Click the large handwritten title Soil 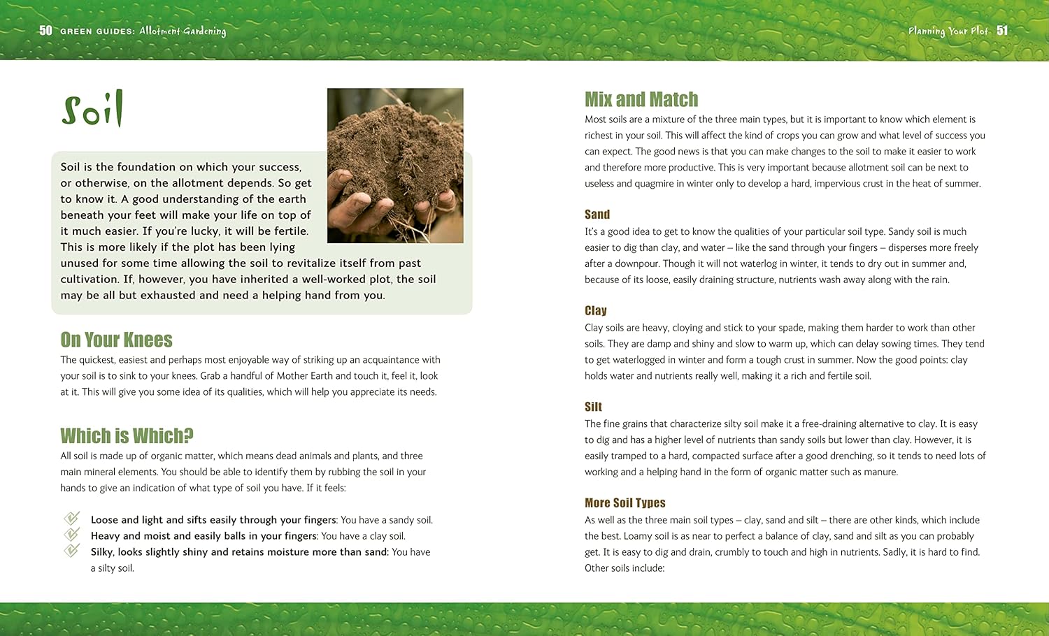point(92,109)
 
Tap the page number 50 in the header point(45,30)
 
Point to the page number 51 point(1002,30)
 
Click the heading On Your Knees point(116,340)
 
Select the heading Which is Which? point(127,436)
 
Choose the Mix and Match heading point(641,99)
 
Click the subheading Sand point(597,215)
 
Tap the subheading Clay point(596,311)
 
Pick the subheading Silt point(593,407)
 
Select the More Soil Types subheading point(625,503)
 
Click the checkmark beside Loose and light point(71,519)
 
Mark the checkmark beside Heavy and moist point(71,535)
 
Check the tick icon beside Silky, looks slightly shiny point(71,551)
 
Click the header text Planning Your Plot point(948,31)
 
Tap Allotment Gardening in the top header point(183,31)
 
